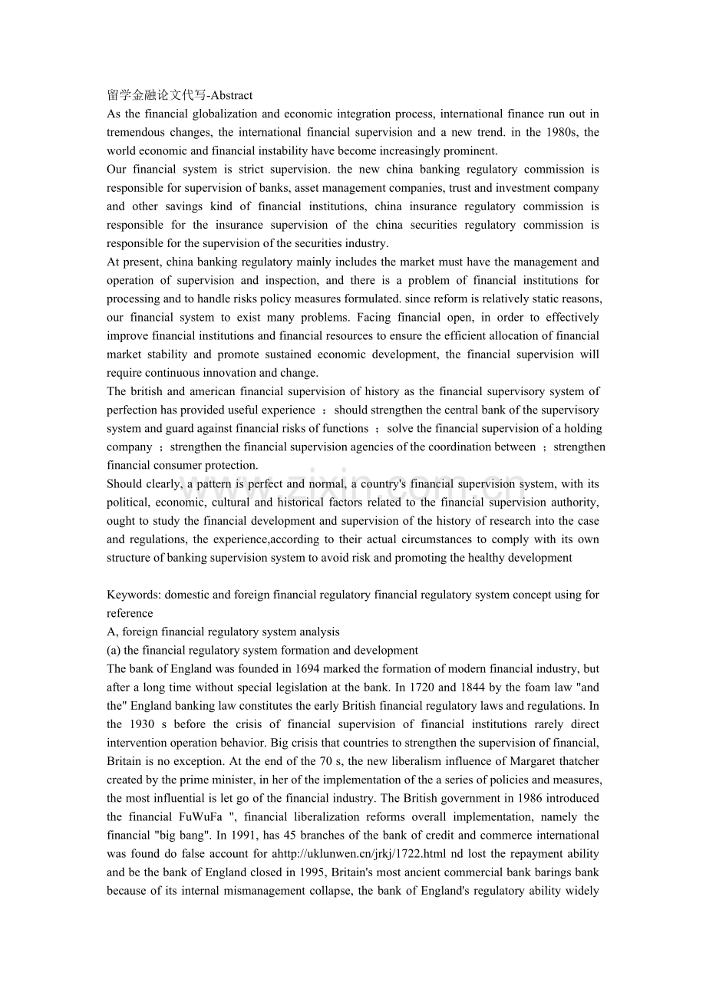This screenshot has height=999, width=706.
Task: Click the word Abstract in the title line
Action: coord(231,95)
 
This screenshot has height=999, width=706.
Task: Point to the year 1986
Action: coord(478,798)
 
